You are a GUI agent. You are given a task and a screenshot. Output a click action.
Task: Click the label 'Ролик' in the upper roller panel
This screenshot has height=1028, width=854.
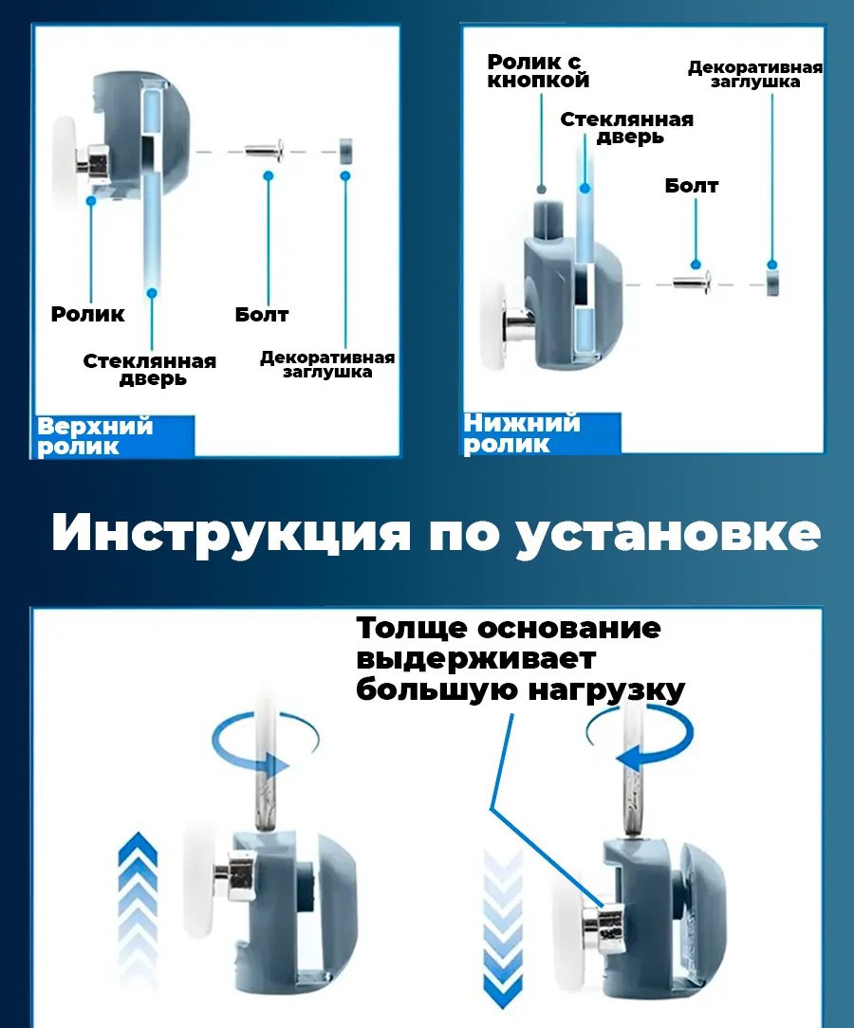click(87, 314)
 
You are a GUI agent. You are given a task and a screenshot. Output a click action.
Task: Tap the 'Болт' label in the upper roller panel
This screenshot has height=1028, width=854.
click(262, 314)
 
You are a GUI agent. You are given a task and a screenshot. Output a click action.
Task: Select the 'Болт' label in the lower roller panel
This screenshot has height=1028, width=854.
click(691, 185)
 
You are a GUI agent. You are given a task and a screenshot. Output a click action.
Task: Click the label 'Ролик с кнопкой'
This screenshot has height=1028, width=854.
click(538, 71)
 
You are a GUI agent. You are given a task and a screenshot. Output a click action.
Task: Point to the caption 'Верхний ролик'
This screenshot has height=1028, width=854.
click(95, 436)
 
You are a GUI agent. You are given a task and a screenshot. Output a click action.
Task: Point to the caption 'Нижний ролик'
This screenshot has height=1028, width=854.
click(521, 432)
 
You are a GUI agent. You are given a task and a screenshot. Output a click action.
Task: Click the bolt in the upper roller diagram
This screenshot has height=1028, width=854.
click(265, 149)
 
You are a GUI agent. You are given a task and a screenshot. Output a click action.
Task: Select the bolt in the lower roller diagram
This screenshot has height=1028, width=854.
click(693, 281)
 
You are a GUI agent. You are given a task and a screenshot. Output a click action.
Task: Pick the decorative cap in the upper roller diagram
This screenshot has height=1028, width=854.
click(346, 149)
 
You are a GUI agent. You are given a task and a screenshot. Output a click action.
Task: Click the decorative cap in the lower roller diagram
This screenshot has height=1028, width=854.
click(773, 281)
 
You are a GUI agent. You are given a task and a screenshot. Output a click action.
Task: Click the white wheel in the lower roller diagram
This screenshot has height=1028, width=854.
click(493, 321)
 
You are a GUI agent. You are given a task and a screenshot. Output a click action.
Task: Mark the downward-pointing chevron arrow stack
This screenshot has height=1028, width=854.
click(504, 920)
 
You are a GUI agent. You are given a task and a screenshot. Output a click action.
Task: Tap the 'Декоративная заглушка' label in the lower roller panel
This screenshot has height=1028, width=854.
click(754, 75)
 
